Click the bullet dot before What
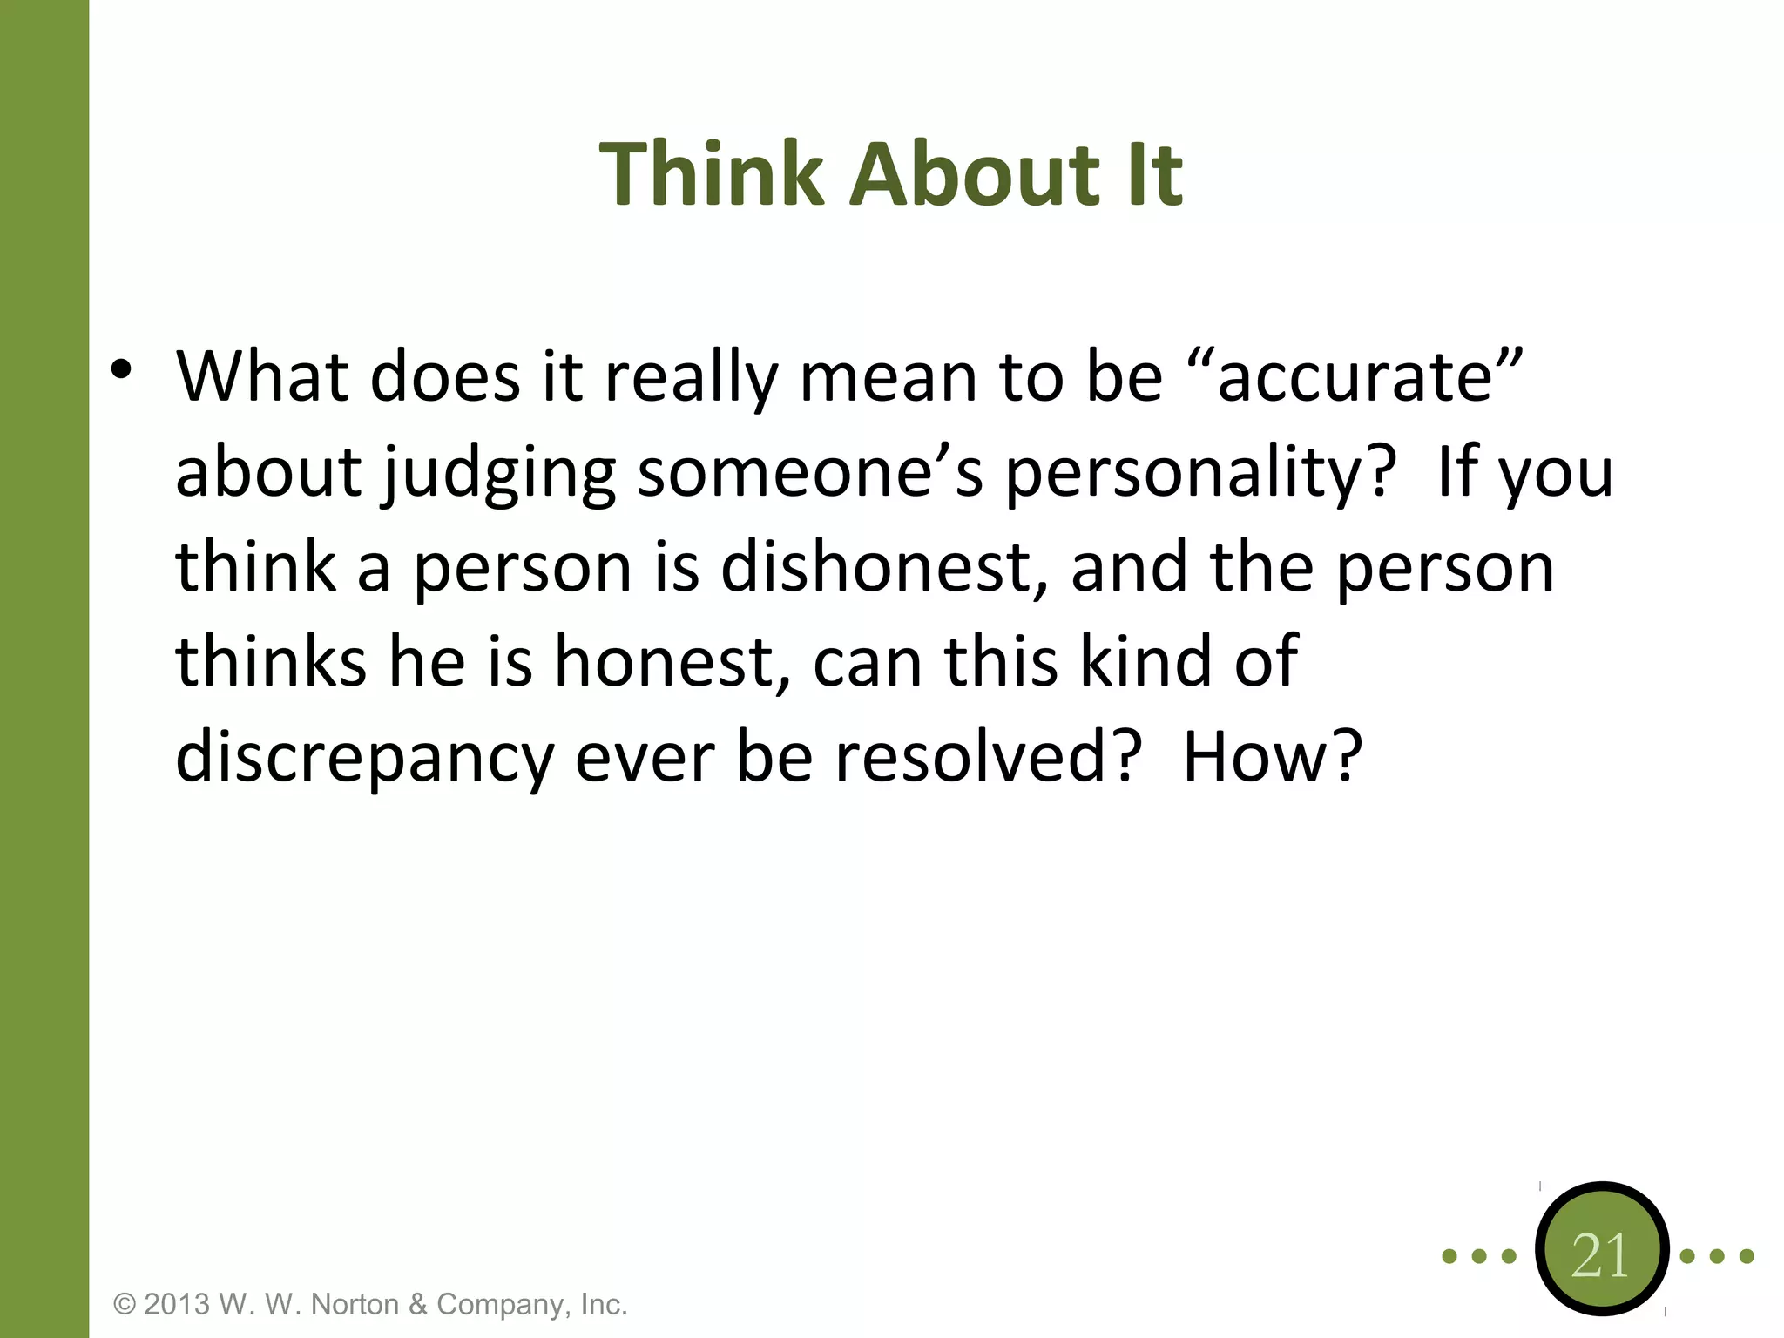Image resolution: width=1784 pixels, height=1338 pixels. pos(121,369)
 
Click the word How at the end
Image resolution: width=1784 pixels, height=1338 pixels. pos(1270,756)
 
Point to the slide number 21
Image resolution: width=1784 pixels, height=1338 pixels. pos(1600,1256)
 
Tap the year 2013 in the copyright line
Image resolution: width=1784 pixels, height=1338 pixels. pos(177,1305)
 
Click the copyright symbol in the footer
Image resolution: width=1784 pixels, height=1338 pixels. pos(125,1305)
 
